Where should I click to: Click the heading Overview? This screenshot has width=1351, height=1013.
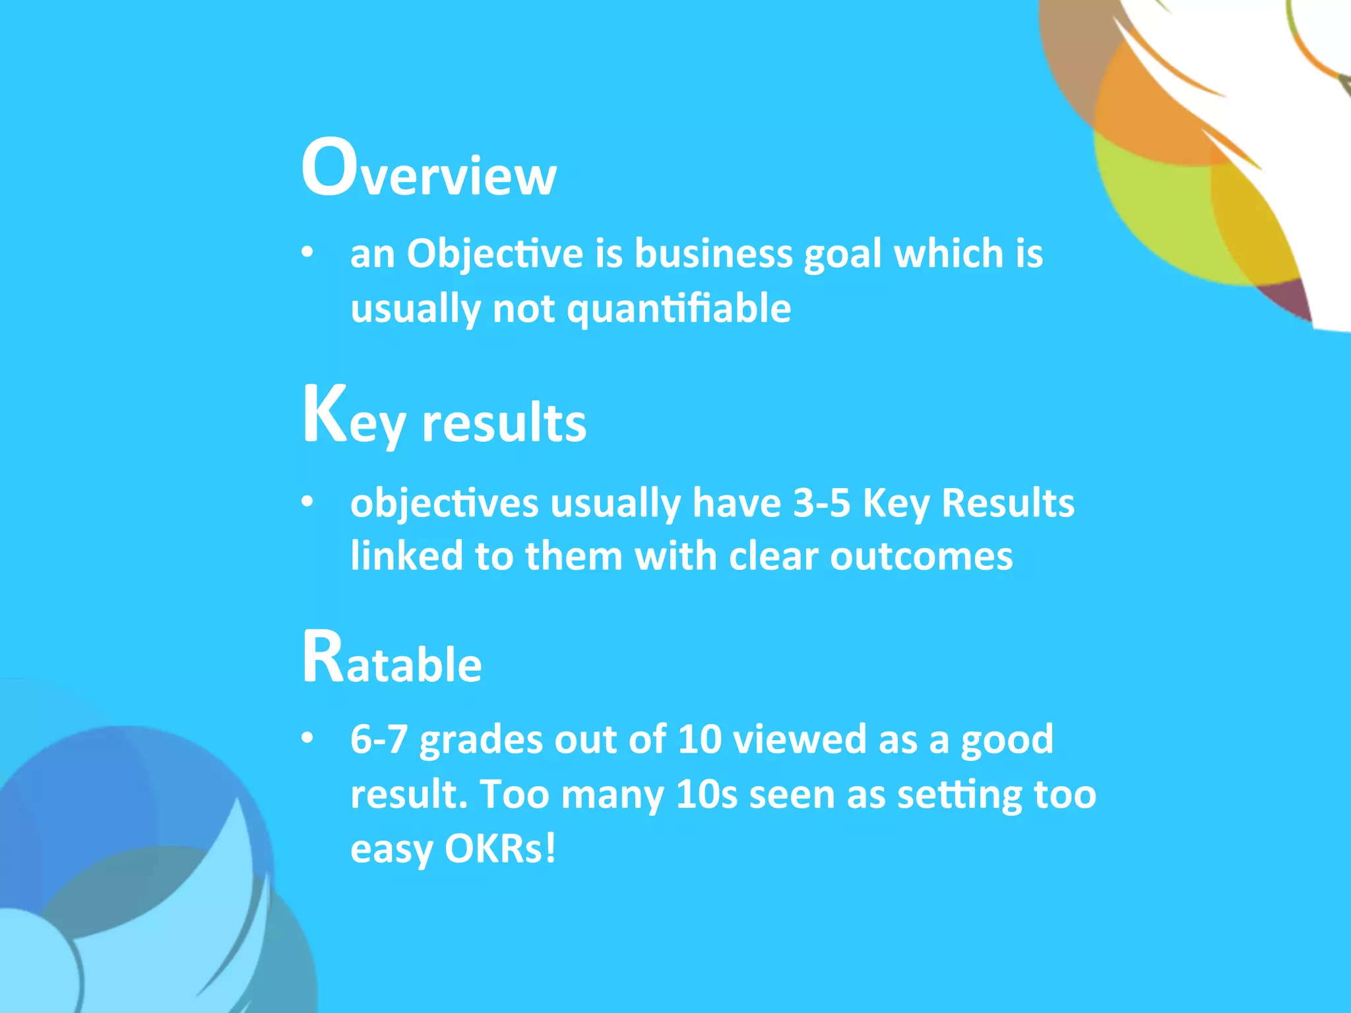(429, 168)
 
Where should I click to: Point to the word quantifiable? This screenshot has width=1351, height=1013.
(679, 308)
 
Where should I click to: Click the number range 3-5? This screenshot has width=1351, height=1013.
(821, 503)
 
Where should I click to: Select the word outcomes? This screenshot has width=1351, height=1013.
(921, 556)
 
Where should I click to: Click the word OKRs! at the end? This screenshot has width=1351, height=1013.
(500, 849)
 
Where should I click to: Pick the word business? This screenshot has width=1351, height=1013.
(713, 254)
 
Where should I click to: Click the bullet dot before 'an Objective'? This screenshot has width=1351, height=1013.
(307, 253)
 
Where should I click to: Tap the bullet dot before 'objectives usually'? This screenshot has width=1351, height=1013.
(307, 502)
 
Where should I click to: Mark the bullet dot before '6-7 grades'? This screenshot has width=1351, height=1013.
(307, 738)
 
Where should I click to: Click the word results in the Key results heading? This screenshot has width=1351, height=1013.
(504, 423)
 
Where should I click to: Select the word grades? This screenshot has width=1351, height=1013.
(481, 741)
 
